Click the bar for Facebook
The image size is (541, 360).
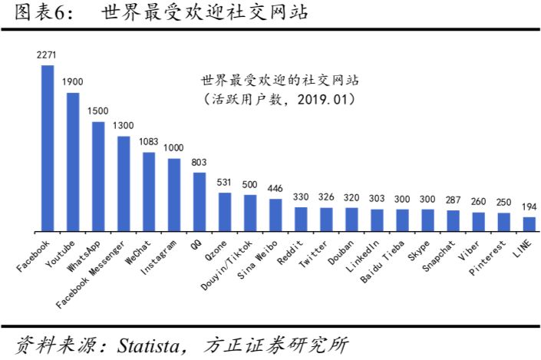point(48,148)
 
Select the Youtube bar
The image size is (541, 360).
point(73,162)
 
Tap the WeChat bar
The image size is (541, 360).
point(149,192)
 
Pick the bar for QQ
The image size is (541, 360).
point(200,202)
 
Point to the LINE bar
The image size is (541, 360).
point(529,224)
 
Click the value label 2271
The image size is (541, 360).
point(48,56)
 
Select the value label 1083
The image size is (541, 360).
point(149,143)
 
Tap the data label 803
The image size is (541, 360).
point(200,163)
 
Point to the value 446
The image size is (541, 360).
point(275,189)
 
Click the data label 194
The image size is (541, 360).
point(529,207)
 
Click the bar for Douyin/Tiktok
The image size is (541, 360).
point(250,213)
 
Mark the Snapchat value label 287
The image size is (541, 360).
point(453,200)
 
